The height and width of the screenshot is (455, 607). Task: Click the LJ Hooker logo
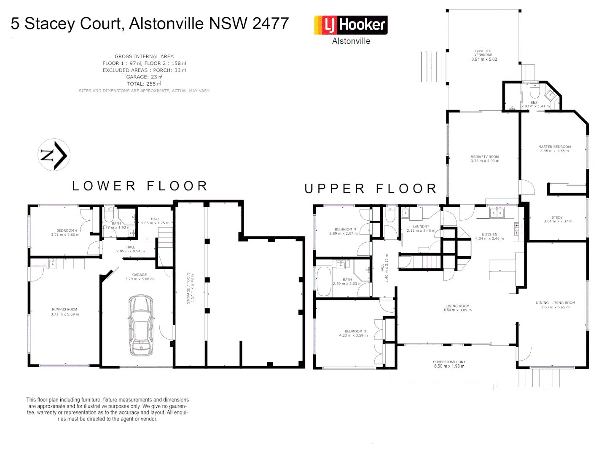click(351, 25)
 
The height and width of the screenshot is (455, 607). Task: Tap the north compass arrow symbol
click(54, 155)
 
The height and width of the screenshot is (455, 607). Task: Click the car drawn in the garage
click(141, 325)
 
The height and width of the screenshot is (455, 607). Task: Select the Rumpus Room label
click(64, 310)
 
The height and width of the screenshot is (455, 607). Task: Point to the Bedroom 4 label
click(65, 231)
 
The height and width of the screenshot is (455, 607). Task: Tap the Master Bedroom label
click(554, 147)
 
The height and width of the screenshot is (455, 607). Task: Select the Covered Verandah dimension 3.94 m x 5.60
click(484, 59)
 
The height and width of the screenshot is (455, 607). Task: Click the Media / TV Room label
click(484, 157)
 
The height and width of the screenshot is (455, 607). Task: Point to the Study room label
click(557, 217)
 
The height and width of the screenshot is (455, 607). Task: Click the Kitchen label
click(489, 235)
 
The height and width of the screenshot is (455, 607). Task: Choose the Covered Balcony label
click(449, 362)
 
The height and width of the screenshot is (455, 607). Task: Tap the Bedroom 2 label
click(353, 332)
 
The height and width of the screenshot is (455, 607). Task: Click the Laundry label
click(421, 227)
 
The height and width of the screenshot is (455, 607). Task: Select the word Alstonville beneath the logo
click(351, 41)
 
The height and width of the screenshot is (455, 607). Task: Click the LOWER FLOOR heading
click(140, 186)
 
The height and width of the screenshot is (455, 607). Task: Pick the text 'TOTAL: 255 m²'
click(144, 84)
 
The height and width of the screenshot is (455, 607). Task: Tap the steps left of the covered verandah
click(433, 67)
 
